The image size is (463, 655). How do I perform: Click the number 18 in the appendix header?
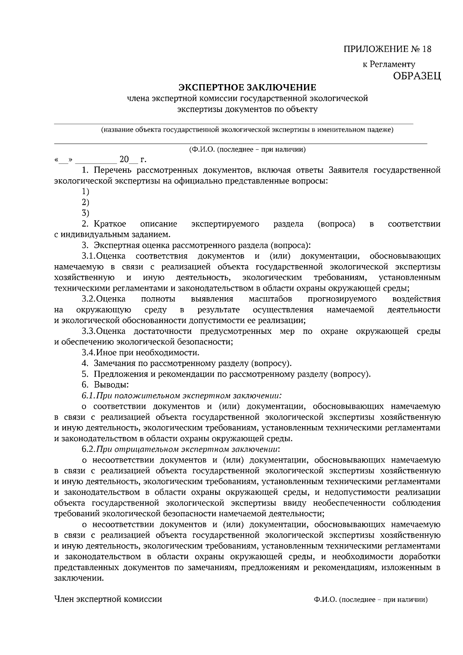426,49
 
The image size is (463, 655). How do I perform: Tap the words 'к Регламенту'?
389,64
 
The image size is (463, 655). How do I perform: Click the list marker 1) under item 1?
85,191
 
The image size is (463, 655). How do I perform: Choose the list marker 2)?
85,202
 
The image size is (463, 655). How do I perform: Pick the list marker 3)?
85,213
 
